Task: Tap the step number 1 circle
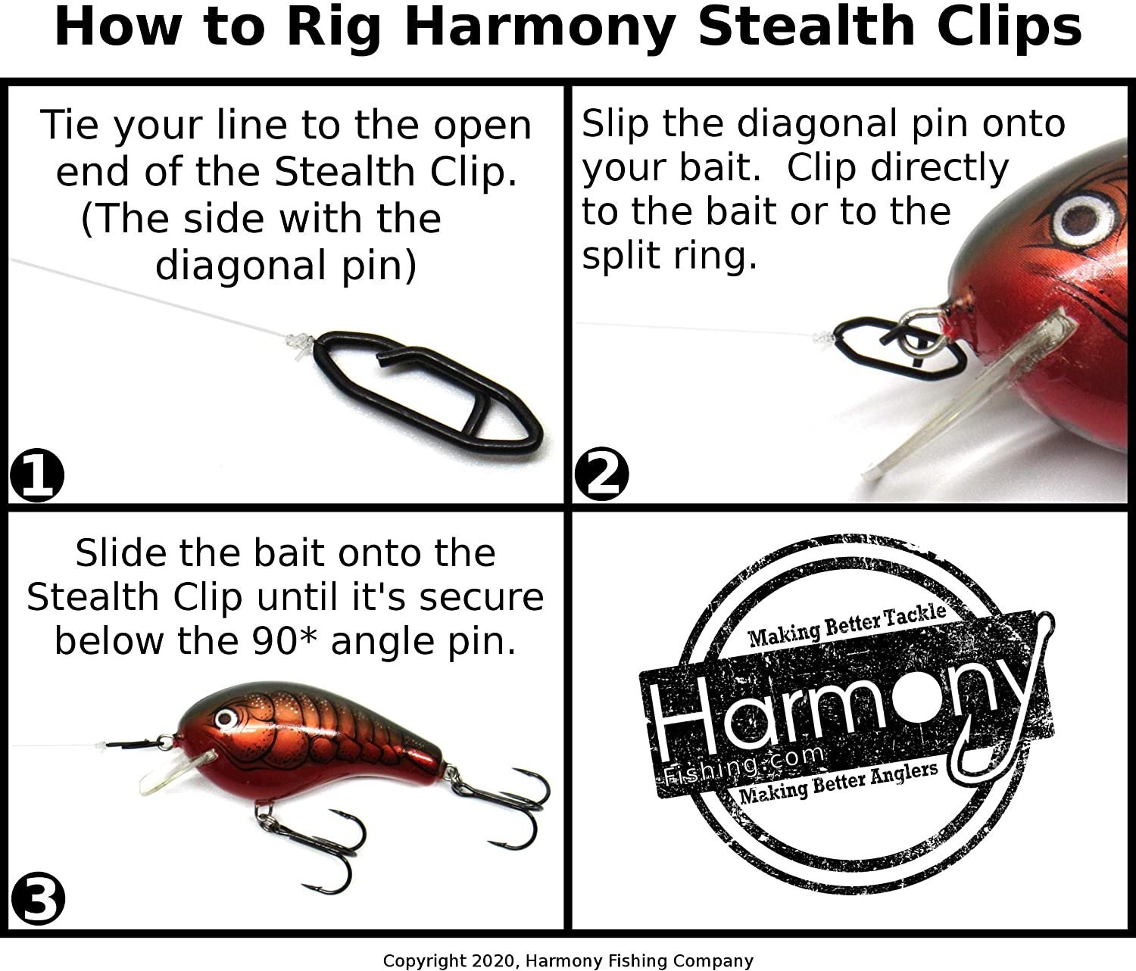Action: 36,475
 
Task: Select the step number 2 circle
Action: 601,475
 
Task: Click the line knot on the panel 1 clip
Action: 299,344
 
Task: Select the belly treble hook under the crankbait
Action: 318,848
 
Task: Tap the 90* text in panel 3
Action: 284,642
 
